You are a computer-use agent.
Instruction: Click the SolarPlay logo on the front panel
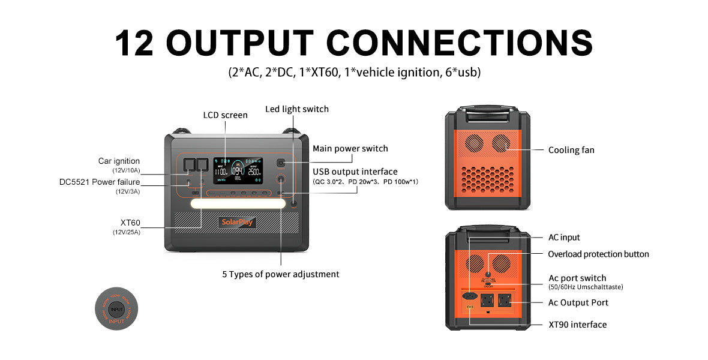pyautogui.click(x=238, y=222)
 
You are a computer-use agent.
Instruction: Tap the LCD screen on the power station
pyautogui.click(x=238, y=169)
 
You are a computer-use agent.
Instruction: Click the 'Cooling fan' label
pyautogui.click(x=571, y=150)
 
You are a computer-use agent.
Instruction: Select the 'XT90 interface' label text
pyautogui.click(x=577, y=325)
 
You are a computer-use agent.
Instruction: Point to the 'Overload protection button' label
pyautogui.click(x=598, y=254)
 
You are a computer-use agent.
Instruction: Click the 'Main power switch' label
pyautogui.click(x=350, y=149)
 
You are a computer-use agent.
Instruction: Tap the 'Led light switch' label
pyautogui.click(x=297, y=109)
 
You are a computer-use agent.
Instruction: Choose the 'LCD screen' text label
pyautogui.click(x=225, y=115)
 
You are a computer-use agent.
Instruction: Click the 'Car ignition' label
pyautogui.click(x=119, y=161)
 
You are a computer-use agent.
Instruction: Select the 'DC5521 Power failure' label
pyautogui.click(x=100, y=182)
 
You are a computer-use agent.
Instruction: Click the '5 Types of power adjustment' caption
pyautogui.click(x=281, y=274)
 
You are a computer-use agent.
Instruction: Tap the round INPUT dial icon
pyautogui.click(x=116, y=309)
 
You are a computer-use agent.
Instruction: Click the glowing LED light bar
pyautogui.click(x=238, y=204)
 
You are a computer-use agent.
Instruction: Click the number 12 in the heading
pyautogui.click(x=136, y=43)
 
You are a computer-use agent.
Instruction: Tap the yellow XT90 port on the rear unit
pyautogui.click(x=470, y=308)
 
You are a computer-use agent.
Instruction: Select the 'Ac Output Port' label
pyautogui.click(x=578, y=303)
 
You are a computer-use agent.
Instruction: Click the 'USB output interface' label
pyautogui.click(x=355, y=172)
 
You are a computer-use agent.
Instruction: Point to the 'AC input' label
pyautogui.click(x=564, y=238)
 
